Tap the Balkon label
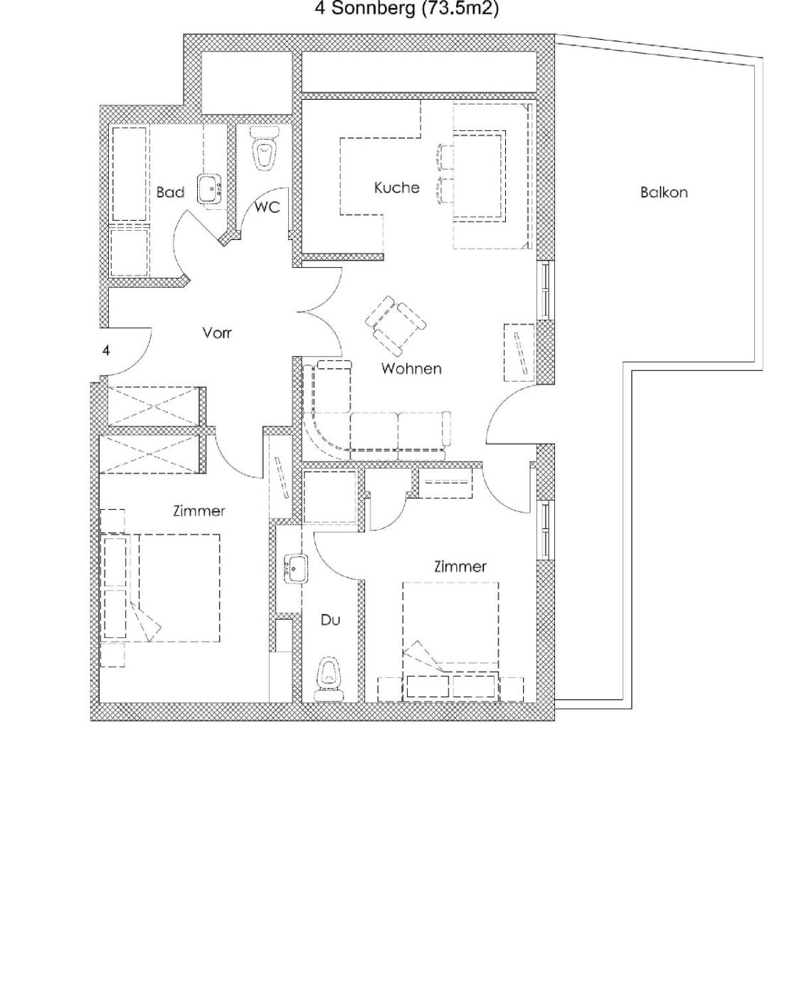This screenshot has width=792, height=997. (663, 192)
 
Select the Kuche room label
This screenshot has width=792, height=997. (396, 187)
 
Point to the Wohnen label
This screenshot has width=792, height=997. (411, 368)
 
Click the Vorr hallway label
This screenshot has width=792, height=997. (216, 333)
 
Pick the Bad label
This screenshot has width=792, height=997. (170, 192)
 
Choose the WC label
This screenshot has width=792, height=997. (267, 207)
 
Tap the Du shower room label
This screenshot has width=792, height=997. (330, 620)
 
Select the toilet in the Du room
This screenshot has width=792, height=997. (329, 679)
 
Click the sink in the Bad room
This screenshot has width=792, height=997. (211, 189)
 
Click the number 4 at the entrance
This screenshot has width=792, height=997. (106, 350)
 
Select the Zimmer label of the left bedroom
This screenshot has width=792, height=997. (199, 511)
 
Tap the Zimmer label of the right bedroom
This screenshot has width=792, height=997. (460, 566)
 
